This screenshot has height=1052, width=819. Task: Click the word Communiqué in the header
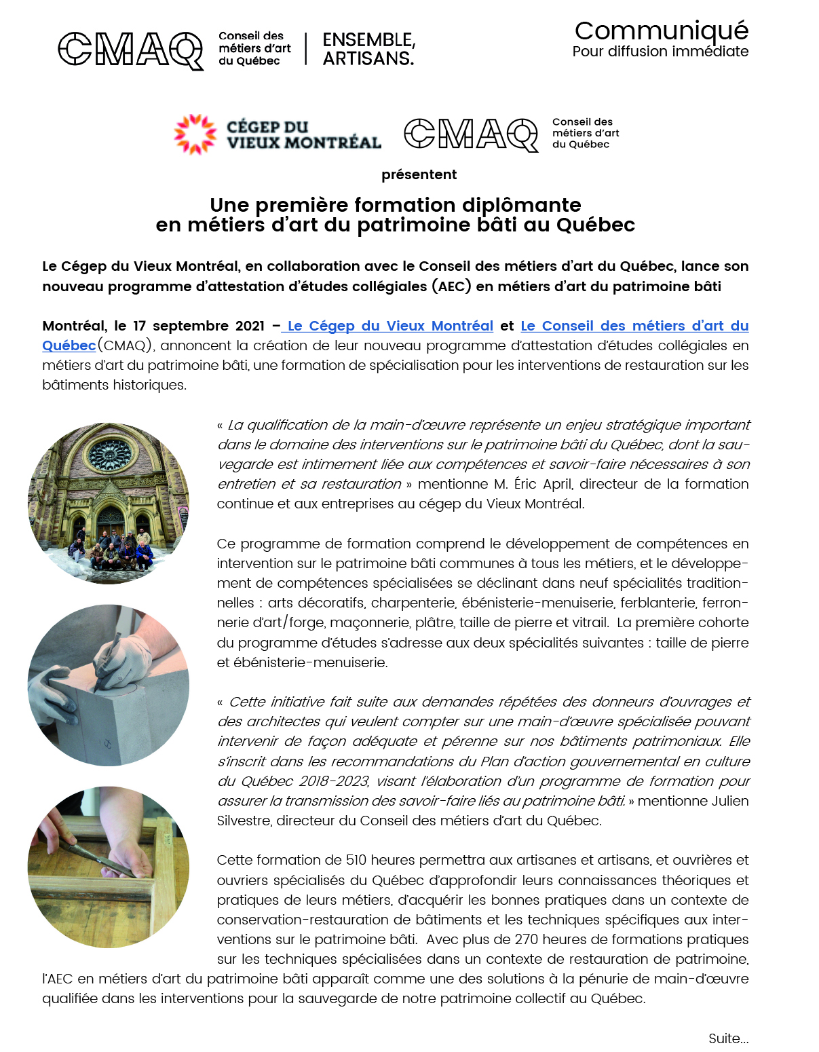tap(661, 31)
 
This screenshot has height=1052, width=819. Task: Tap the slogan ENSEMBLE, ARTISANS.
tap(368, 50)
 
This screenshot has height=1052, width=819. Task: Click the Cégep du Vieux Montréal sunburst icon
tap(195, 134)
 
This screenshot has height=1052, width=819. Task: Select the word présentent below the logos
tap(419, 175)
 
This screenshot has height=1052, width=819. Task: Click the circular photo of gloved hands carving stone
tap(109, 685)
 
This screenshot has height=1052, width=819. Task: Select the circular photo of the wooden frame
tap(109, 867)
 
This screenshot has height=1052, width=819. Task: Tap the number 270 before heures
tap(527, 939)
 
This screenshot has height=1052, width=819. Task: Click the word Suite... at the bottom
tap(728, 1038)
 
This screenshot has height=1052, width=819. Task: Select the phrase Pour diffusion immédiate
tap(660, 52)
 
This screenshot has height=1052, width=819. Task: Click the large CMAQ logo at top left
tap(130, 50)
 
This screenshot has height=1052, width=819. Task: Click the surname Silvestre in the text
tap(244, 821)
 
